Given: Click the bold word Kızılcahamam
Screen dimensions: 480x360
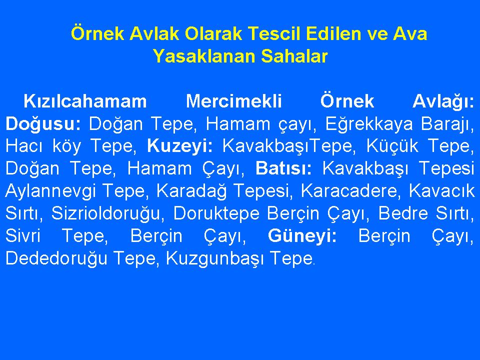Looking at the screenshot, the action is tap(85, 101).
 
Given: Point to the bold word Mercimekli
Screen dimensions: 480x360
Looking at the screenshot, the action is tap(234, 101).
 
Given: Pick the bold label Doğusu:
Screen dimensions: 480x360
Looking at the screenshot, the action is tap(43, 124).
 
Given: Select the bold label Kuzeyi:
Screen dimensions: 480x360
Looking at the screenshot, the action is tap(180, 146).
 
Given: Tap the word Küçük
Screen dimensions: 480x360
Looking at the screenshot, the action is tap(392, 146).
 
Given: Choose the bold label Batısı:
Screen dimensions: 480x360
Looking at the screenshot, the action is tap(283, 168).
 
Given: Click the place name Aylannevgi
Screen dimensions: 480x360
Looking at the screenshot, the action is tap(51, 191).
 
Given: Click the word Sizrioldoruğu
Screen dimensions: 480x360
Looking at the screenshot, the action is tap(105, 213).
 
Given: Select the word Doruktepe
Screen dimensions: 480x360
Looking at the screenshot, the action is tap(216, 213).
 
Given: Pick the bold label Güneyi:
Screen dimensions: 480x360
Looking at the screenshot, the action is tap(302, 236).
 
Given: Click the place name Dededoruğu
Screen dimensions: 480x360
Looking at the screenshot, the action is tap(56, 258).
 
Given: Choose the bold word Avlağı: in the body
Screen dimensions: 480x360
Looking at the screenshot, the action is tap(443, 101).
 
